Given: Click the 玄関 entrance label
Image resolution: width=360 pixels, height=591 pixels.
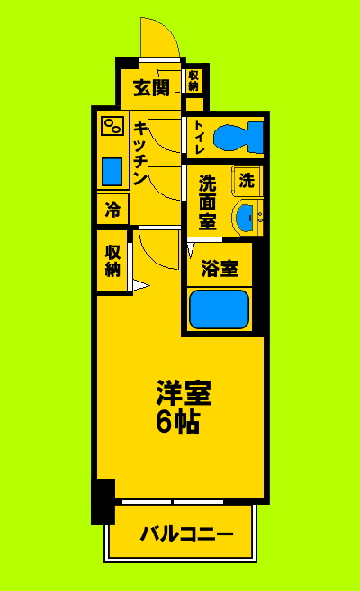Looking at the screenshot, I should click(x=151, y=88).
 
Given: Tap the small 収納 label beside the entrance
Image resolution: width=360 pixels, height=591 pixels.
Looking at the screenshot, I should click(x=193, y=81).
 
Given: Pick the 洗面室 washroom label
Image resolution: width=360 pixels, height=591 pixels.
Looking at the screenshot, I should click(x=208, y=201).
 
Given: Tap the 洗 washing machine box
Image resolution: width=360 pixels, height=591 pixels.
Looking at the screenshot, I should click(x=247, y=179).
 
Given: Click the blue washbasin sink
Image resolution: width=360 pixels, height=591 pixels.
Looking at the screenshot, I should click(x=245, y=216).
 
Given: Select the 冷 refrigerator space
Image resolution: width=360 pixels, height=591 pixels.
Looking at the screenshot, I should click(x=112, y=210).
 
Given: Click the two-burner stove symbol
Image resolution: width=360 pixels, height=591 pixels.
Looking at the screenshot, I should click(x=112, y=125).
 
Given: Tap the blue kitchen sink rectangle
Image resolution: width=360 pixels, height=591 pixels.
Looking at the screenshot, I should click(x=112, y=170).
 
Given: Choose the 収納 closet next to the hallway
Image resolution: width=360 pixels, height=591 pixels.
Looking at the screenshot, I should click(x=112, y=260).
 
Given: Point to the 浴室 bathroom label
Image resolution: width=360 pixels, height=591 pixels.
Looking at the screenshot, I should click(x=219, y=268).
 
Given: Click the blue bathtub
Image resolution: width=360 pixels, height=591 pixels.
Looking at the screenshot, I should click(x=219, y=309).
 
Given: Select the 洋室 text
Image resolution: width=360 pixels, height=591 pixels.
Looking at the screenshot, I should click(x=184, y=393).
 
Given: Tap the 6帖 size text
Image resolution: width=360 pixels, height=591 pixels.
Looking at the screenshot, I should click(x=178, y=421).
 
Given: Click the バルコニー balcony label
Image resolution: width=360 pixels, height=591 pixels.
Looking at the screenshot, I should click(x=186, y=533).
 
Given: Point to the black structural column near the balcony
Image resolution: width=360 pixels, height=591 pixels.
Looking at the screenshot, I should click(x=103, y=502).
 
